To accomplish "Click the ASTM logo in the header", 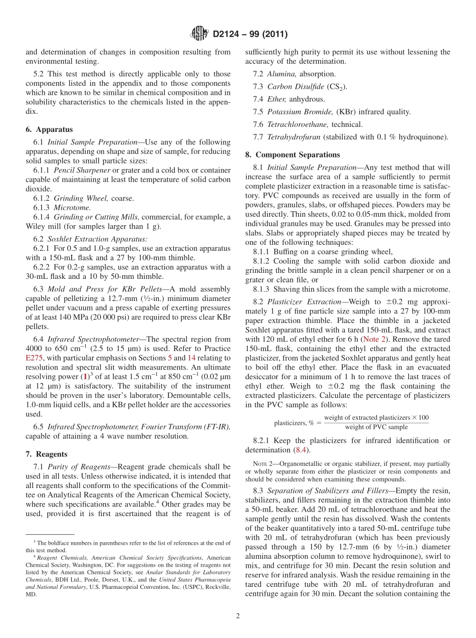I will [199, 34].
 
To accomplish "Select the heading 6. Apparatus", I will [49, 129].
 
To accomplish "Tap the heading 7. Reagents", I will [47, 454].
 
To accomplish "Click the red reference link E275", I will [34, 358].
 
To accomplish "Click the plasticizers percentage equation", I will [351, 422].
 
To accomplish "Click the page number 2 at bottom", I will [238, 616].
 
